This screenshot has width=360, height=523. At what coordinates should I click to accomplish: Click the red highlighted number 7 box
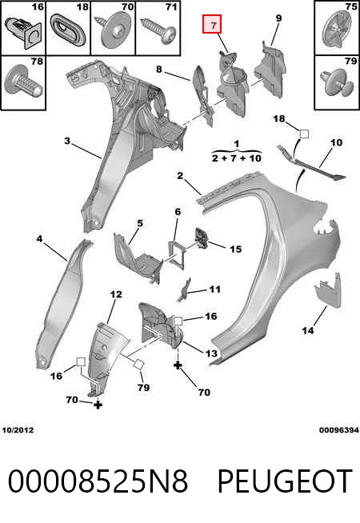point(212,24)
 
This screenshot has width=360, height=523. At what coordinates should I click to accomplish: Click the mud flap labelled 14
point(328,289)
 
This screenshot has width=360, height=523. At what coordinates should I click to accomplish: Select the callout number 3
point(67,141)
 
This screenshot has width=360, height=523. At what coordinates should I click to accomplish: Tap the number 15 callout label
point(235,250)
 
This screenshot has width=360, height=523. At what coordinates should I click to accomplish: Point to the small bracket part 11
point(184,290)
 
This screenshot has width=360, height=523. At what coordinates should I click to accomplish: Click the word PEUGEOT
point(285,481)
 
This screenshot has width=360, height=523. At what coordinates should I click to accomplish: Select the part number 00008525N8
point(98,481)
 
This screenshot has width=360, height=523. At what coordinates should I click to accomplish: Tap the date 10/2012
point(18,430)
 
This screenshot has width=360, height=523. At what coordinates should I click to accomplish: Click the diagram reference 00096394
point(339,430)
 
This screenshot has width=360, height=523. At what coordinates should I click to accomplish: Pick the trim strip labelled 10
point(310,163)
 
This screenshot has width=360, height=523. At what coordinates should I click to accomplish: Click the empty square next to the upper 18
point(304,134)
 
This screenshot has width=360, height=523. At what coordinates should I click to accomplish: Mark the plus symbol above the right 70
point(178,365)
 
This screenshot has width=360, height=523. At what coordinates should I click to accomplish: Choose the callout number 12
point(116,294)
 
